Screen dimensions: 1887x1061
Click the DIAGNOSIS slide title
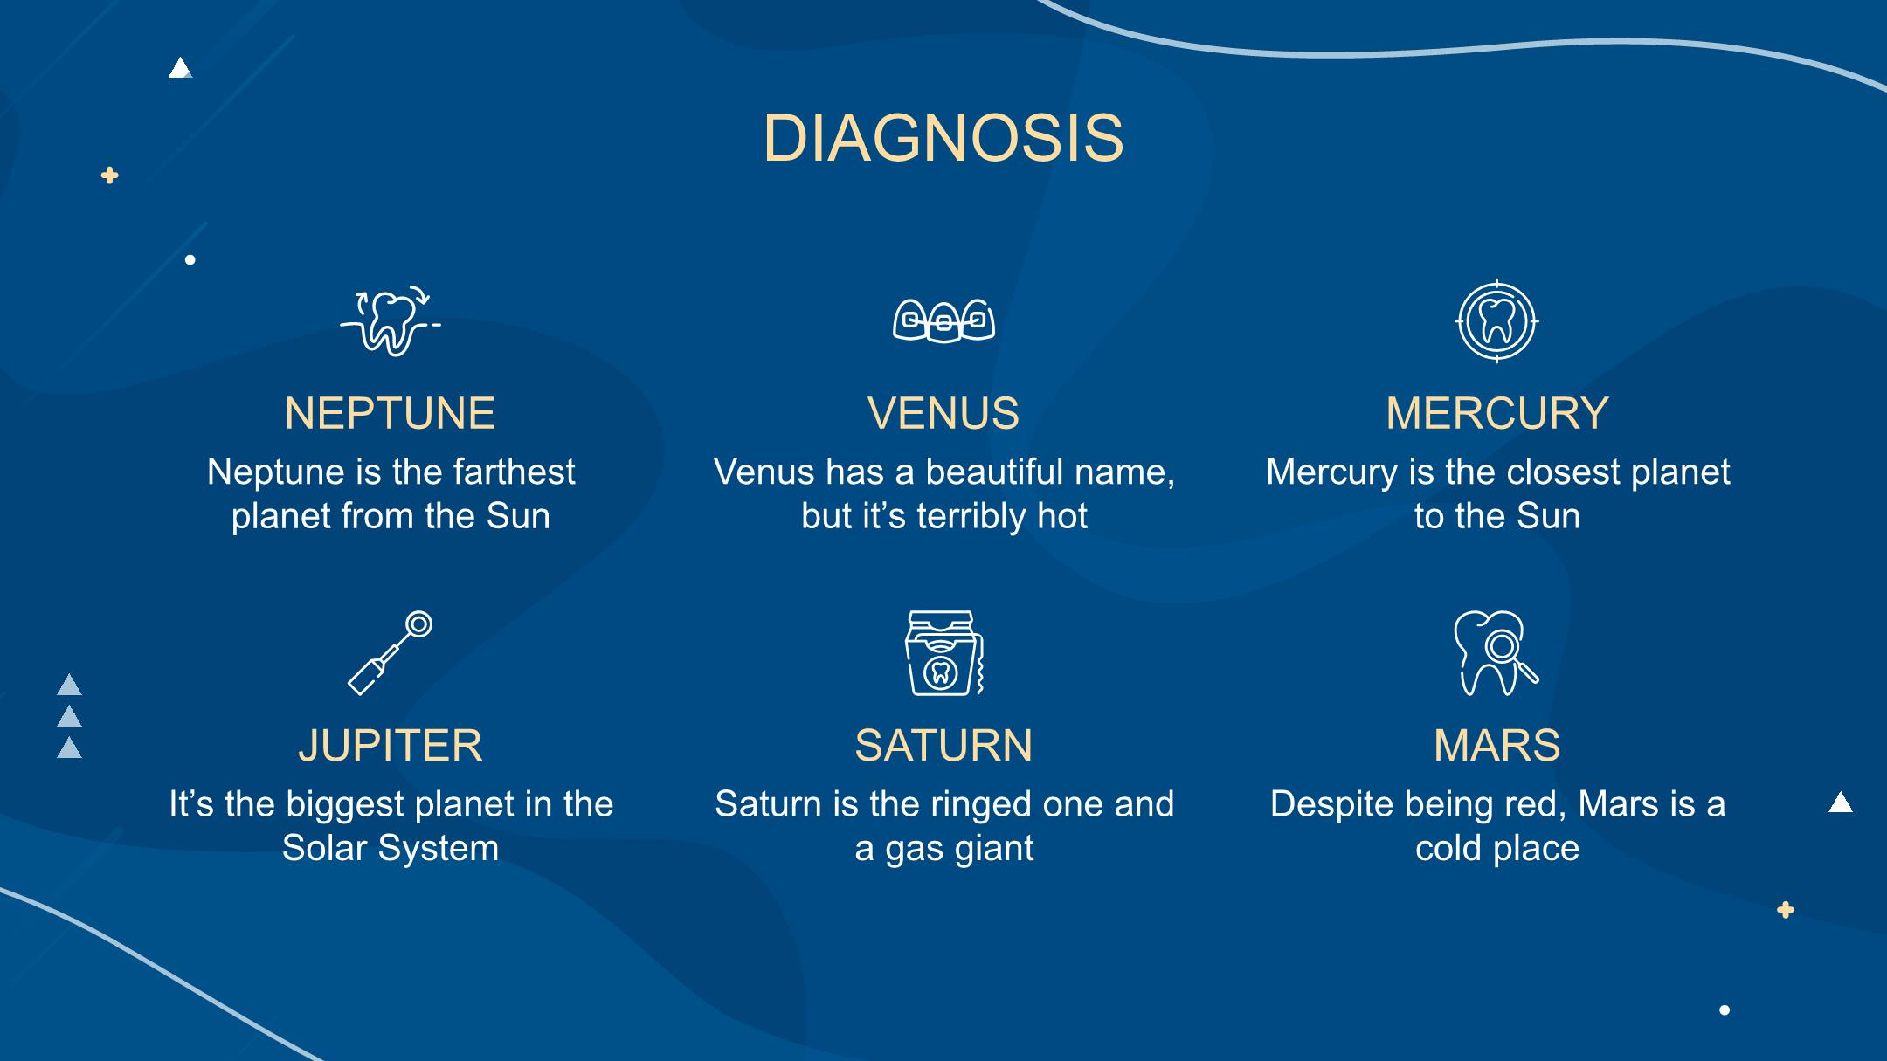click(x=943, y=138)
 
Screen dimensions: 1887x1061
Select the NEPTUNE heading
click(x=390, y=413)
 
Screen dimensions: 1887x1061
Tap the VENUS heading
click(x=943, y=413)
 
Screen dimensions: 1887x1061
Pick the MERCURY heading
click(x=1497, y=413)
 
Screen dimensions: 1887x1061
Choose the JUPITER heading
click(x=390, y=745)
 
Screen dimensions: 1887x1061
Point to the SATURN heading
click(x=943, y=745)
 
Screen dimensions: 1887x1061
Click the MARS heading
click(x=1497, y=745)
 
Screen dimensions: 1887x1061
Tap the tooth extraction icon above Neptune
click(x=391, y=320)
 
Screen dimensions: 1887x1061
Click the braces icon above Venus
click(x=943, y=321)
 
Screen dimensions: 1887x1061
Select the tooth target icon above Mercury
click(x=1496, y=321)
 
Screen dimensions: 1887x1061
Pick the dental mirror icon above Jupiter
click(x=391, y=653)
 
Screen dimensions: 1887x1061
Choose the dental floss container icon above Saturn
click(x=943, y=653)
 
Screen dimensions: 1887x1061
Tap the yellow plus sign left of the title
click(x=109, y=176)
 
